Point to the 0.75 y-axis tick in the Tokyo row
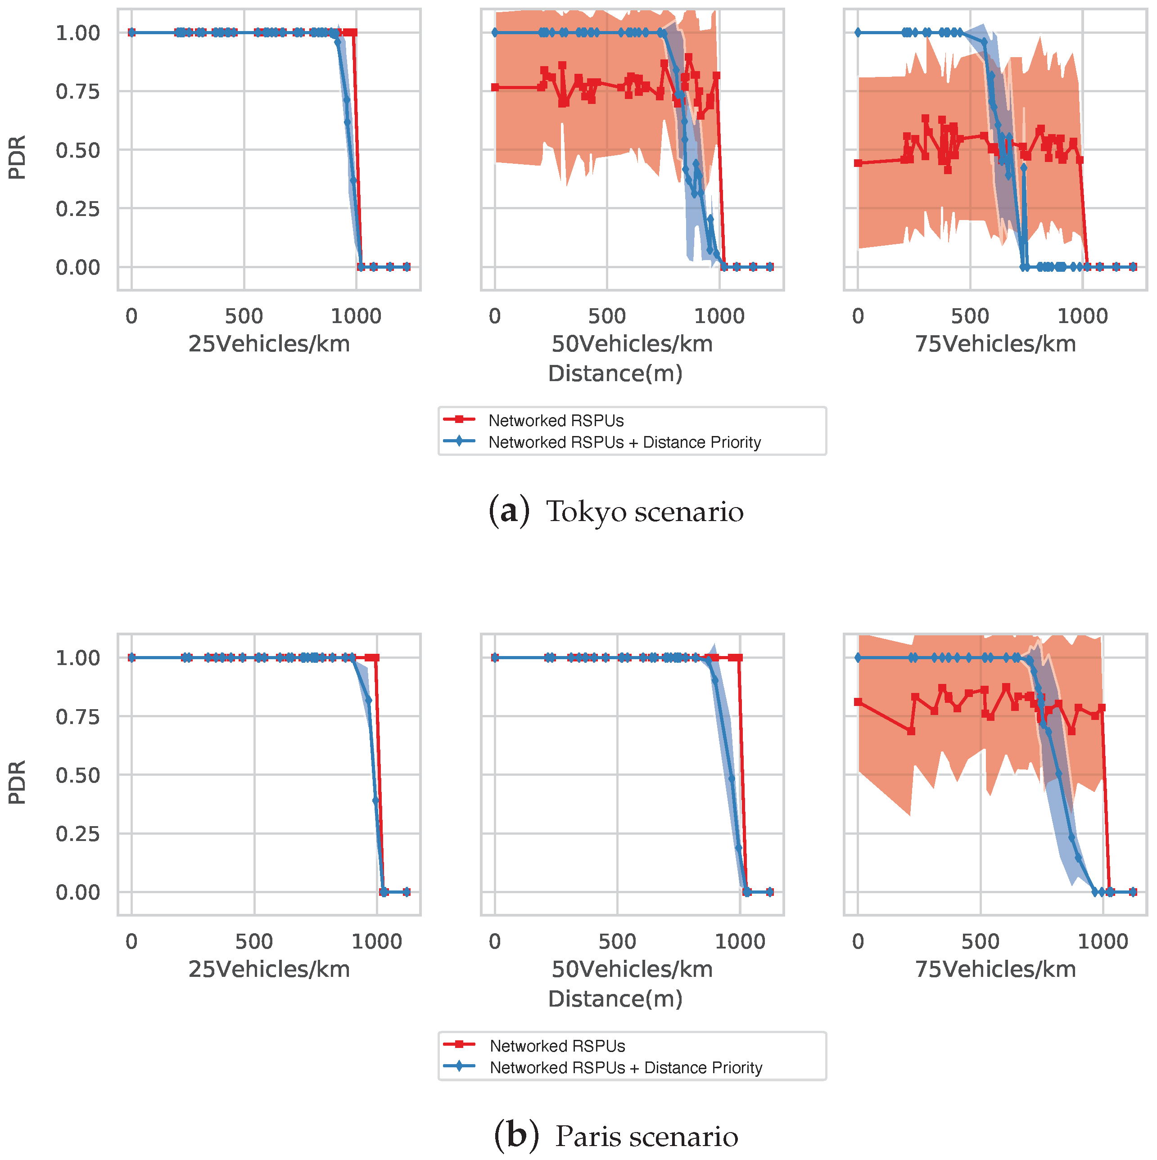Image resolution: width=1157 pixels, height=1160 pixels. [x=77, y=92]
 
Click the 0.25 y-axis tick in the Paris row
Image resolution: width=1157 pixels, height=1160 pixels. [x=77, y=834]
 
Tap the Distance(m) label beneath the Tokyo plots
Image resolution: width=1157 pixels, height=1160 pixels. [x=615, y=374]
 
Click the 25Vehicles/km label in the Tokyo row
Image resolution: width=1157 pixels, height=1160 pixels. [x=269, y=345]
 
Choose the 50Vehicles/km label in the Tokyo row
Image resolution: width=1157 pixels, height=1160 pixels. [x=632, y=345]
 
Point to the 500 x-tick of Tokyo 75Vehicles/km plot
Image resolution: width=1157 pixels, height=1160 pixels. [x=970, y=316]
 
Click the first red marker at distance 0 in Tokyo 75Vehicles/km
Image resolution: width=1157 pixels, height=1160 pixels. [x=858, y=163]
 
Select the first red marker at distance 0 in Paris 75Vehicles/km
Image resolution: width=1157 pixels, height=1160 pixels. [x=858, y=702]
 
